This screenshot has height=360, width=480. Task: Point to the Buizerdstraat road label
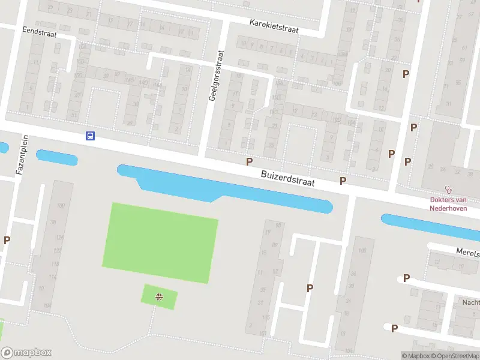[x=288, y=178]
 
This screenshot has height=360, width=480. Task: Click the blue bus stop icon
[x=90, y=136]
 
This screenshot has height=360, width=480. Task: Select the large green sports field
[x=160, y=242]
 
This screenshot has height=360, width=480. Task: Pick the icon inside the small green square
[x=159, y=296]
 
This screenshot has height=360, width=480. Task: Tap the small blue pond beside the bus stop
[x=56, y=158]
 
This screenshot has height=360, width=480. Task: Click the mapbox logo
[x=26, y=353]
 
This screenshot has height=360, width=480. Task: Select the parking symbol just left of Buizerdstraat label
[x=249, y=161]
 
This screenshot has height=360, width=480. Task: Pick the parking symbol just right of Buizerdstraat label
[x=343, y=181]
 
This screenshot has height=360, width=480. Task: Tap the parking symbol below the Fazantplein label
[x=7, y=240]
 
